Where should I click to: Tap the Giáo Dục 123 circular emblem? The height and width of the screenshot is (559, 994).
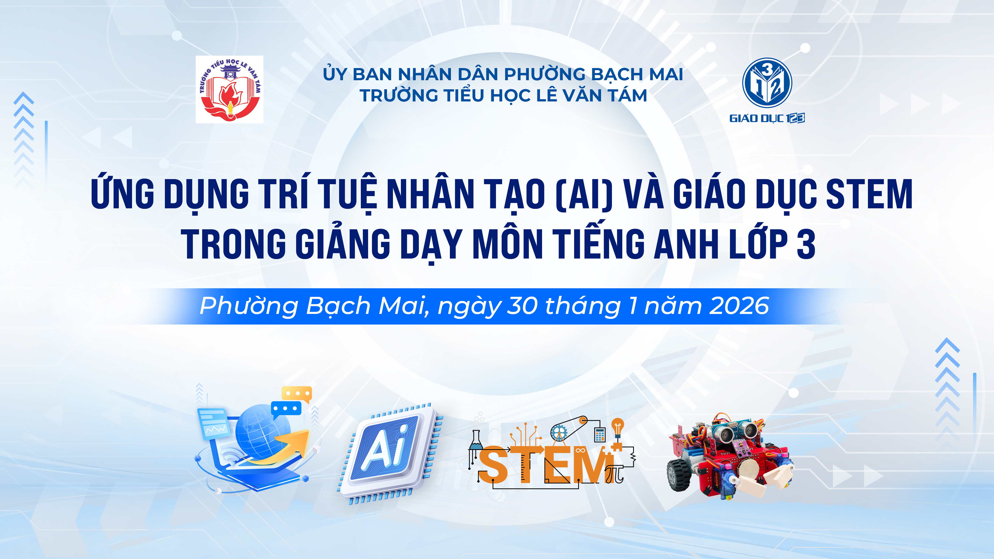click(x=767, y=83)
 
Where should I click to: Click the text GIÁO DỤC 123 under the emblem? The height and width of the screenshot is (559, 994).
click(x=767, y=118)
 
